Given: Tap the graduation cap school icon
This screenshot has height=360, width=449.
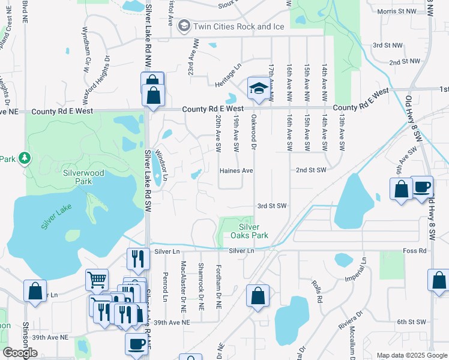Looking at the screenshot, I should point(258,88).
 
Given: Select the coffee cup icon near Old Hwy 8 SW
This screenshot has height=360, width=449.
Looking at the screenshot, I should point(421,187).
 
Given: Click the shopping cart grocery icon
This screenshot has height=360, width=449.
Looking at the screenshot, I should point(97,280).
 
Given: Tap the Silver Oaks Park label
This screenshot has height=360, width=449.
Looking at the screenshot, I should point(249,231).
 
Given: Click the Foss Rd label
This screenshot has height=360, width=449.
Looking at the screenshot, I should point(415,250).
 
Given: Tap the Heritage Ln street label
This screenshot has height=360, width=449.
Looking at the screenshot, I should point(228,74).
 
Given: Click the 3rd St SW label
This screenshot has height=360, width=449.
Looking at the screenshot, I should point(272,206).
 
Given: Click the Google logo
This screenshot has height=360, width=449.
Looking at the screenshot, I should point(20,353).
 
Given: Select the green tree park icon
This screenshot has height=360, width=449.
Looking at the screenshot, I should point(25,158).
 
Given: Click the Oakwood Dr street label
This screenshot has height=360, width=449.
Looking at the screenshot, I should point(254,131).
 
